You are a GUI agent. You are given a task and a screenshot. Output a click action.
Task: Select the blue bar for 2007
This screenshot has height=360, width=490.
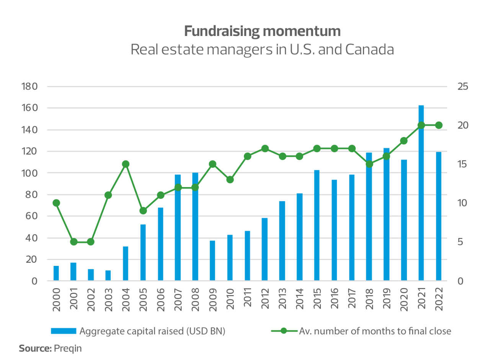point(178,228)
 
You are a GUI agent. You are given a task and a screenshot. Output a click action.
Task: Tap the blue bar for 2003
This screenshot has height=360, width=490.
point(108,276)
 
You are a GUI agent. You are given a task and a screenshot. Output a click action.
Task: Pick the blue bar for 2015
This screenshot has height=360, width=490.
point(317,226)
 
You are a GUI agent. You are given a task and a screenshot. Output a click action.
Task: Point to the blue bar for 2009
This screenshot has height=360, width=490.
point(212,261)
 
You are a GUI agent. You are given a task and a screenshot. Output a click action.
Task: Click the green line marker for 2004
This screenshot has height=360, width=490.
point(126,164)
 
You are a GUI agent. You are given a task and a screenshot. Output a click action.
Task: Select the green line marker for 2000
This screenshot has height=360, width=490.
point(56,203)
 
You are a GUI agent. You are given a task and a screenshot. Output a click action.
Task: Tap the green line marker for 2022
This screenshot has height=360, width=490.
point(439,125)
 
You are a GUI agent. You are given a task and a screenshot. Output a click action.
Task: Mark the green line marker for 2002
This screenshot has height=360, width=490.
point(91,242)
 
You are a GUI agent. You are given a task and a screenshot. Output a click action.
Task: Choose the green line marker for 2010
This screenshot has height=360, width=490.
point(230,179)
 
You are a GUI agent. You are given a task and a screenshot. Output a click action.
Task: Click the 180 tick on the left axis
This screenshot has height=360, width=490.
point(30,86)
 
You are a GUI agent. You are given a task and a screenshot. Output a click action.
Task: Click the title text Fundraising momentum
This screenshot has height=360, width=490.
point(262,31)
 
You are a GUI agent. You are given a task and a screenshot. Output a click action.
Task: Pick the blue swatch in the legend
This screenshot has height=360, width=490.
point(64,331)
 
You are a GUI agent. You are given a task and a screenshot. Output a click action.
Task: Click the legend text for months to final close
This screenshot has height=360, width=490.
point(375,331)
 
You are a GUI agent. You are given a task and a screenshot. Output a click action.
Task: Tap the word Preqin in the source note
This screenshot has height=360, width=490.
point(68,349)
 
